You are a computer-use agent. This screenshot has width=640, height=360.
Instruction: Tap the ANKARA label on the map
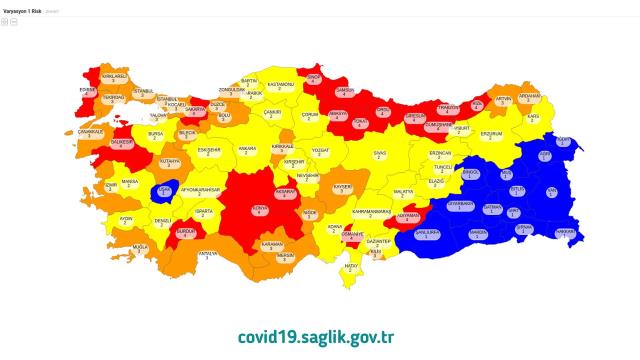[x=246, y=151]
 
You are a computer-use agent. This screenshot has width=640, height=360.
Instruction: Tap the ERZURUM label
[x=491, y=133]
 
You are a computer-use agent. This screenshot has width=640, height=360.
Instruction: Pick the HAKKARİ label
[x=566, y=233]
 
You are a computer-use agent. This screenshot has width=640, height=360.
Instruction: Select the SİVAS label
[x=380, y=155]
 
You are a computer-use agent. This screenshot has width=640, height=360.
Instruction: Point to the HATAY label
[x=351, y=267]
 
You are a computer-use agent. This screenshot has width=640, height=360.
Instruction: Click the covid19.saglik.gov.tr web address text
[x=321, y=335]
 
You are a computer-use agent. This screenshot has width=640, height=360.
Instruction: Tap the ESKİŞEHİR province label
[x=208, y=152]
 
